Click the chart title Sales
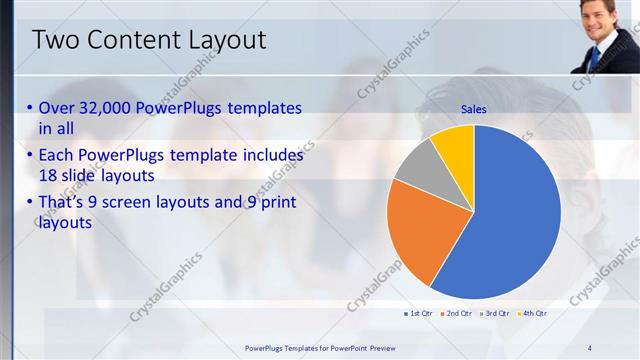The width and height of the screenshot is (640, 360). pyautogui.click(x=473, y=110)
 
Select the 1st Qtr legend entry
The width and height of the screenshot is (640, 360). pyautogui.click(x=418, y=314)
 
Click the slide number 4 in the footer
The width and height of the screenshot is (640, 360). pyautogui.click(x=590, y=348)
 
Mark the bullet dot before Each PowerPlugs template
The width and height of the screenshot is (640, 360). pyautogui.click(x=30, y=157)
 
